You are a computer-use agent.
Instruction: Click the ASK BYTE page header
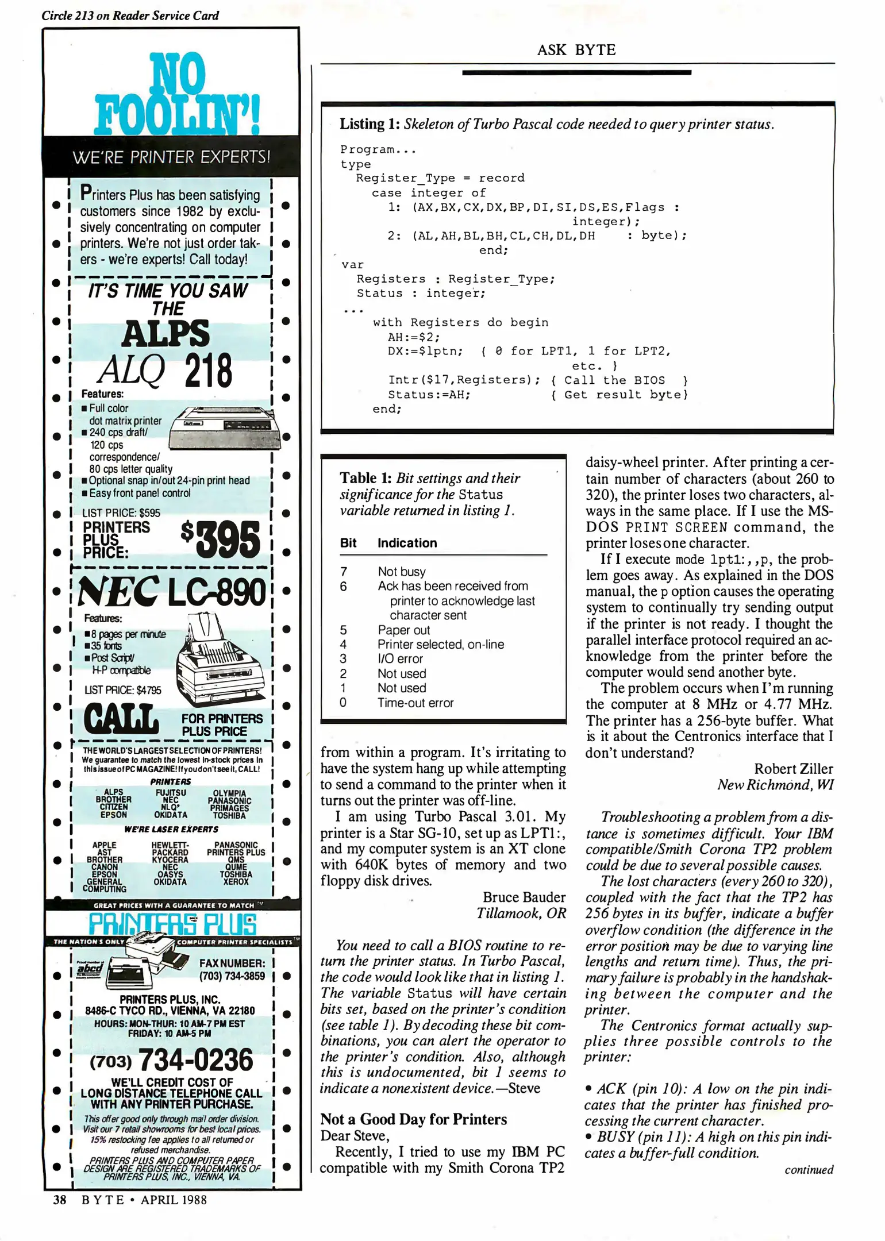click(576, 50)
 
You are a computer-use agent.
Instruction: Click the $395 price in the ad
click(221, 539)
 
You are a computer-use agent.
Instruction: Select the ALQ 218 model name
click(166, 371)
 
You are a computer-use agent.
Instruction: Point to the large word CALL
click(121, 719)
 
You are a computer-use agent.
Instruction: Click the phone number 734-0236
click(195, 1060)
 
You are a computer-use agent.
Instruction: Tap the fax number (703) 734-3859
click(232, 976)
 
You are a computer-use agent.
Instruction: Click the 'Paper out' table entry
click(403, 630)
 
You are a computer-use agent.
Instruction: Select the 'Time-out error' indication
click(415, 703)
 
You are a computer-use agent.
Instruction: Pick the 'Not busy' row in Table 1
click(402, 572)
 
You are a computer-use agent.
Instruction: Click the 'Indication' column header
click(407, 543)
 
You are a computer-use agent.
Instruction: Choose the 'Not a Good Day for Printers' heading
click(414, 1119)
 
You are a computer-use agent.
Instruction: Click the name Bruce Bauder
click(524, 897)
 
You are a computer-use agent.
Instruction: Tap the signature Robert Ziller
click(793, 769)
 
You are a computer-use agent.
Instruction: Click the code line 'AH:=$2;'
click(414, 337)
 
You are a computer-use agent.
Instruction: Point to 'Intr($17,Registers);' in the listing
click(464, 380)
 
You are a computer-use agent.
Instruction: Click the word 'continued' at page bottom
click(809, 1170)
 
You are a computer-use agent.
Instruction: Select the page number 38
click(60, 1200)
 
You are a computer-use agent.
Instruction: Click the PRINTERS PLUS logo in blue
click(172, 924)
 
